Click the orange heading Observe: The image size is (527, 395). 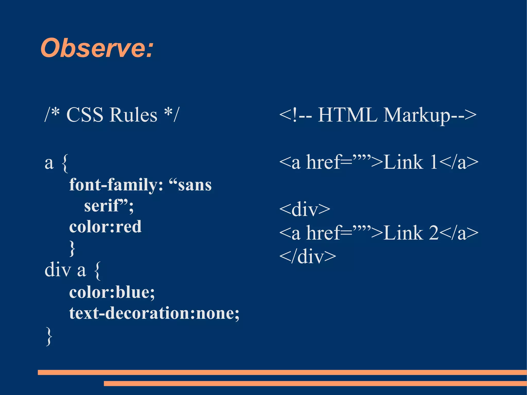click(x=97, y=48)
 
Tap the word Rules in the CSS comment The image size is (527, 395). click(x=133, y=115)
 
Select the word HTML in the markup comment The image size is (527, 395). click(x=347, y=115)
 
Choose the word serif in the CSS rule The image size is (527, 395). click(x=102, y=206)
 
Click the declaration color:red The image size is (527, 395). click(x=105, y=227)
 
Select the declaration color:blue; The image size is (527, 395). click(x=112, y=292)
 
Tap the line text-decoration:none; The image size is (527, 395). click(x=154, y=313)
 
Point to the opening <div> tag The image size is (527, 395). click(x=305, y=209)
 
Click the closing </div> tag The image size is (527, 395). click(x=308, y=257)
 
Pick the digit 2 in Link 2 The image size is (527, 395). click(x=434, y=233)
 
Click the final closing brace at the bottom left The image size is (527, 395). click(x=49, y=336)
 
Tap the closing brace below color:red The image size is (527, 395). click(x=72, y=248)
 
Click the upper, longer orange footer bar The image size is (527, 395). click(x=282, y=372)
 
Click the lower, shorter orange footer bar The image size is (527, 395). click(x=315, y=383)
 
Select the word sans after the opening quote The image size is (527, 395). click(x=195, y=185)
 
